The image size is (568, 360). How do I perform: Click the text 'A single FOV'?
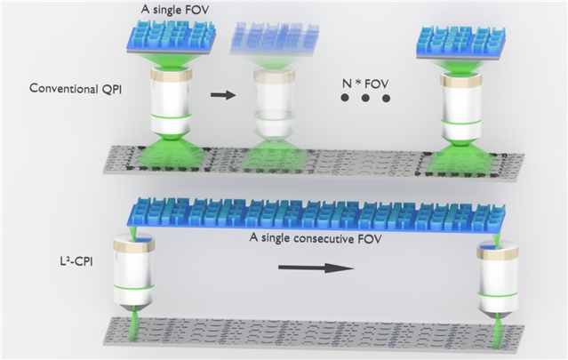pos(175,9)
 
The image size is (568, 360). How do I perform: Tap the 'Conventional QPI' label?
pos(76,89)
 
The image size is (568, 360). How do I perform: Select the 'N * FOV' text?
pos(365,84)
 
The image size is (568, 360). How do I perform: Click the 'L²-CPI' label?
pos(76,260)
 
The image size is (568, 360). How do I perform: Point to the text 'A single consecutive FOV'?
pos(316,239)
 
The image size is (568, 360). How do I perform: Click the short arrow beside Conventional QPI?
pos(223,95)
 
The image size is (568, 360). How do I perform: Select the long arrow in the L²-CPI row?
pos(316,268)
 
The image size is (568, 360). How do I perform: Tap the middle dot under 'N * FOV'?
pos(365,98)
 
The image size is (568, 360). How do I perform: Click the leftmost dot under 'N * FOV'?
pos(345,98)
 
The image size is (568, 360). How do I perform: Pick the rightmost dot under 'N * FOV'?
pos(386,98)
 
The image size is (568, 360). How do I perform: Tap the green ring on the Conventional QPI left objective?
pos(171,116)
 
